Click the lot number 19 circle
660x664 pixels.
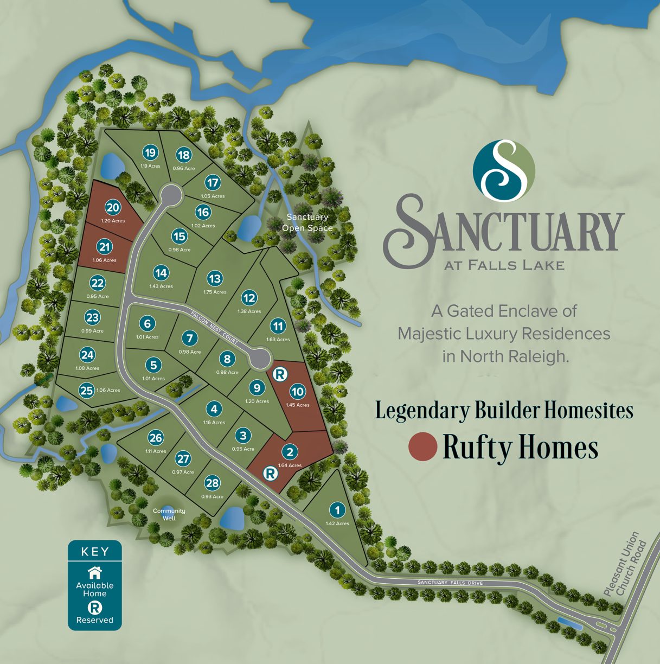click(x=150, y=153)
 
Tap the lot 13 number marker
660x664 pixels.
click(x=215, y=279)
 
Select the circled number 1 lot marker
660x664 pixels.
click(x=337, y=510)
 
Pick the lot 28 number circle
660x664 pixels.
click(x=212, y=483)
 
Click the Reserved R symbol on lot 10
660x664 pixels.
click(x=280, y=374)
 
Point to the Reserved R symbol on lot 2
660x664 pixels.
click(x=270, y=474)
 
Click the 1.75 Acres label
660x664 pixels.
click(x=215, y=292)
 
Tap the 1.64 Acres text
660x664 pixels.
click(x=290, y=465)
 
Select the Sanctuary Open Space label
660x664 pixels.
click(x=307, y=222)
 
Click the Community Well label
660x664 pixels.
click(x=169, y=514)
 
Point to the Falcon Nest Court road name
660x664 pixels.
click(x=215, y=328)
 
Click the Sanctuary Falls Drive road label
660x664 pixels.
click(x=450, y=583)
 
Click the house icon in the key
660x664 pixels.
click(x=95, y=572)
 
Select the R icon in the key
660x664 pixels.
click(x=95, y=608)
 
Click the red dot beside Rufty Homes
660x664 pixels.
click(x=422, y=447)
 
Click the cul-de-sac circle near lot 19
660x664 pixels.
click(x=171, y=194)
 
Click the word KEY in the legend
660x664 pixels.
click(x=95, y=552)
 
